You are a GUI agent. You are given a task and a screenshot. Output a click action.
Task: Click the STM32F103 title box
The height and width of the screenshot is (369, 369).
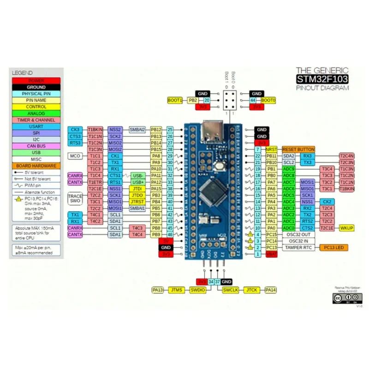pos(322,79)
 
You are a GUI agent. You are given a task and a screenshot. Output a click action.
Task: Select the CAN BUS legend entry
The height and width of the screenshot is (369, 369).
pos(36,146)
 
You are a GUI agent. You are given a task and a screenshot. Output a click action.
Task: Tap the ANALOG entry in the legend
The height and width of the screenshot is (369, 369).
pos(36,113)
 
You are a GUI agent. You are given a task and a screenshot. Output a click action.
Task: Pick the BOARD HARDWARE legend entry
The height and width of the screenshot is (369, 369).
pos(36,166)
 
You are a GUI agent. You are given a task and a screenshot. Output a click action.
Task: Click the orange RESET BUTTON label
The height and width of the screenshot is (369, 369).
pos(298,149)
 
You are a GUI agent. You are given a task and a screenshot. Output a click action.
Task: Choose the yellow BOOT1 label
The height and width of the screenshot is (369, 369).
pos(175,100)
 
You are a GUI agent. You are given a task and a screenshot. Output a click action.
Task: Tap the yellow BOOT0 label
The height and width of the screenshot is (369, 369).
pos(268,100)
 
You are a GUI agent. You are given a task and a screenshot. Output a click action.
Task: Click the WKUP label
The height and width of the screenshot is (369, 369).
pos(347,228)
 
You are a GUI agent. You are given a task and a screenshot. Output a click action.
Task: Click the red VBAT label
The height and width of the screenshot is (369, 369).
pos(272,254)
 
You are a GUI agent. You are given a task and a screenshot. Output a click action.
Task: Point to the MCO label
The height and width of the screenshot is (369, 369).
pos(75,156)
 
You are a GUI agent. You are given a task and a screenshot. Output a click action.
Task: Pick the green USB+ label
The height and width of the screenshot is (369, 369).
pos(139,182)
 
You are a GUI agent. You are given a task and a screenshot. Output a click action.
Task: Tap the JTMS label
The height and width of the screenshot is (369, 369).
pos(177,290)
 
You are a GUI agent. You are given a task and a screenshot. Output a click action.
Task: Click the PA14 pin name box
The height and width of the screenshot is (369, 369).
pos(271,290)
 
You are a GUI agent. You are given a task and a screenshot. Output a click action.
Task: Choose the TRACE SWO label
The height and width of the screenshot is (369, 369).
pos(75,199)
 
